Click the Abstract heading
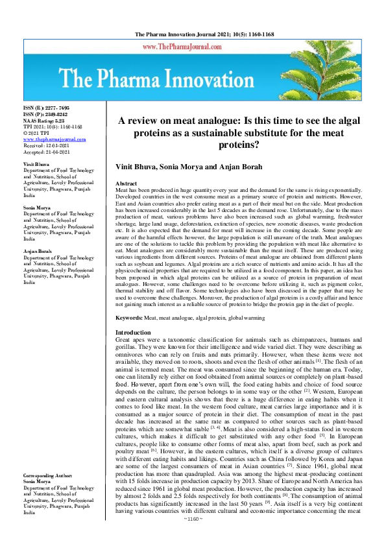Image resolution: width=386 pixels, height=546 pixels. click(126, 185)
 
